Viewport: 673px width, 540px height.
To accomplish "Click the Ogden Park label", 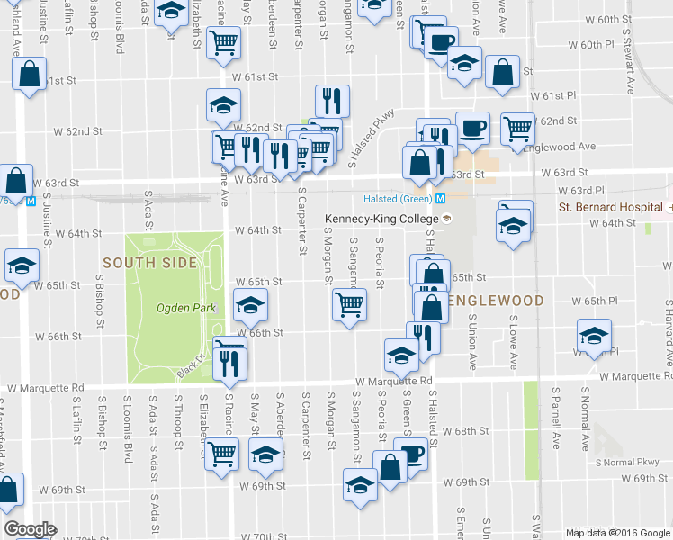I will pos(185,308).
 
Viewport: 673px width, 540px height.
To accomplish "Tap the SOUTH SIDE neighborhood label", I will pos(149,263).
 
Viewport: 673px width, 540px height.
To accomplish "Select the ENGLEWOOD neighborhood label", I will pos(498,300).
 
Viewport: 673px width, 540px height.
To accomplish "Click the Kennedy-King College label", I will pos(381,219).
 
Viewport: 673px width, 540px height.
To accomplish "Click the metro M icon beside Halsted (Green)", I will pos(441,199).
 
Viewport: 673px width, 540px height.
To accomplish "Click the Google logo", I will pos(30,529).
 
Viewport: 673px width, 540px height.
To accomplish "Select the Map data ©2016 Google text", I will pos(616,533).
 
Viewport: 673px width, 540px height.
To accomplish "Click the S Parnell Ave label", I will pos(557,418).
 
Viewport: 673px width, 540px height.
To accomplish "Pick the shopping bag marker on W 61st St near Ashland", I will pos(30,76).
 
